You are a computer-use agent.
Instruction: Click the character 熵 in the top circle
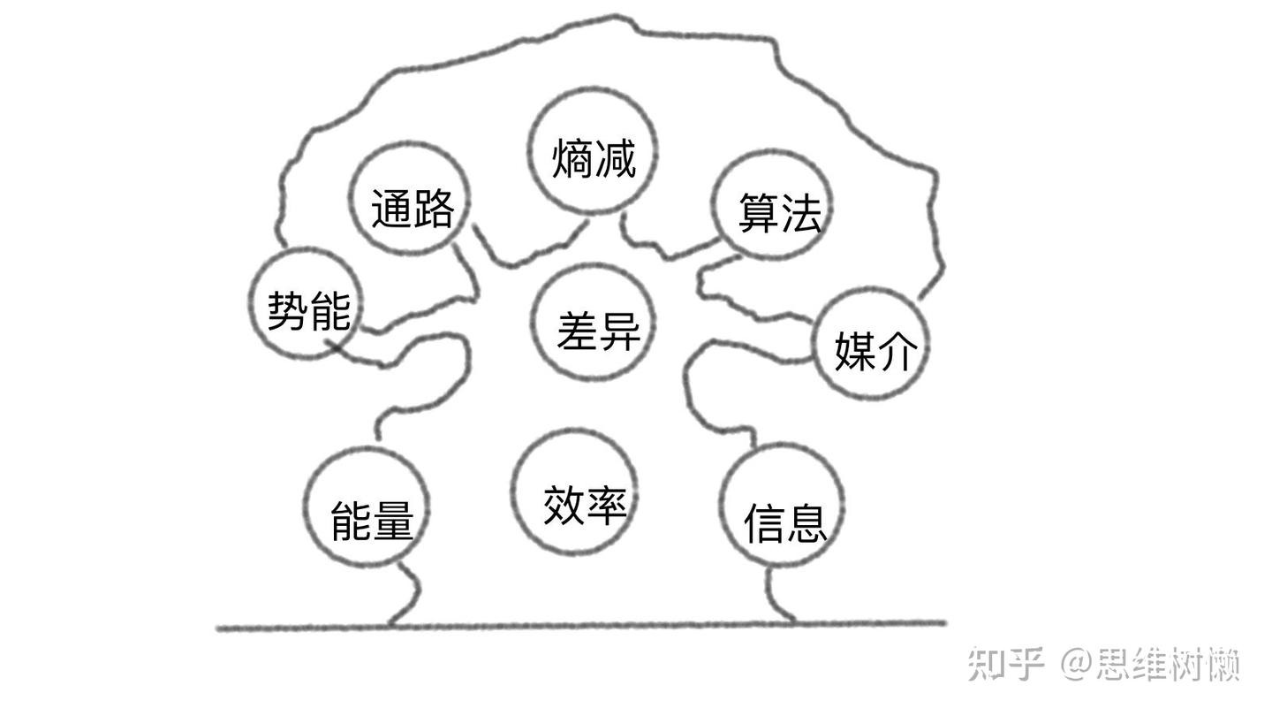(x=572, y=159)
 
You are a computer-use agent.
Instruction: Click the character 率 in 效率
(x=607, y=505)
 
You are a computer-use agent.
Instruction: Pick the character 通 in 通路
(x=390, y=209)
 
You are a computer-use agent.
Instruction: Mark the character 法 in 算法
(x=800, y=214)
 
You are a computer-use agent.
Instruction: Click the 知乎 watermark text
(x=1006, y=663)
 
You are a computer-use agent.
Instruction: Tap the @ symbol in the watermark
(x=1076, y=663)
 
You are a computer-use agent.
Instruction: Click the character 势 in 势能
(x=287, y=310)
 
